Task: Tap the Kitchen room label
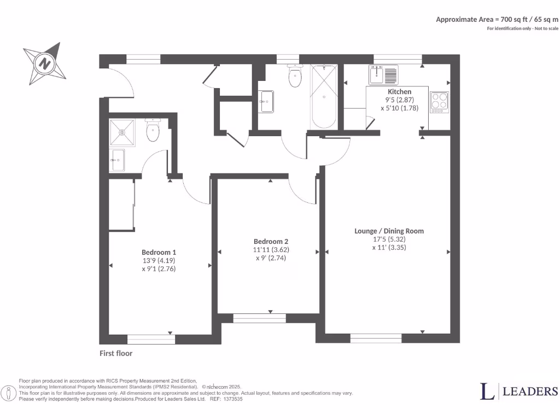point(399,91)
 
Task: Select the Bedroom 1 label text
point(159,252)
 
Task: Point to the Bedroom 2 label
point(271,242)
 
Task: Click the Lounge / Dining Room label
point(389,231)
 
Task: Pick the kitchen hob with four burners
point(439,102)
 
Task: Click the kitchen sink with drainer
point(384,74)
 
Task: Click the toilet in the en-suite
point(152,131)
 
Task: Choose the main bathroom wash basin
point(266,101)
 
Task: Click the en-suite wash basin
point(116,160)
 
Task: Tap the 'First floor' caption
point(116,353)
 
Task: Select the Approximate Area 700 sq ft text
point(497,19)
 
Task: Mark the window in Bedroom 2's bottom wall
point(260,316)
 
